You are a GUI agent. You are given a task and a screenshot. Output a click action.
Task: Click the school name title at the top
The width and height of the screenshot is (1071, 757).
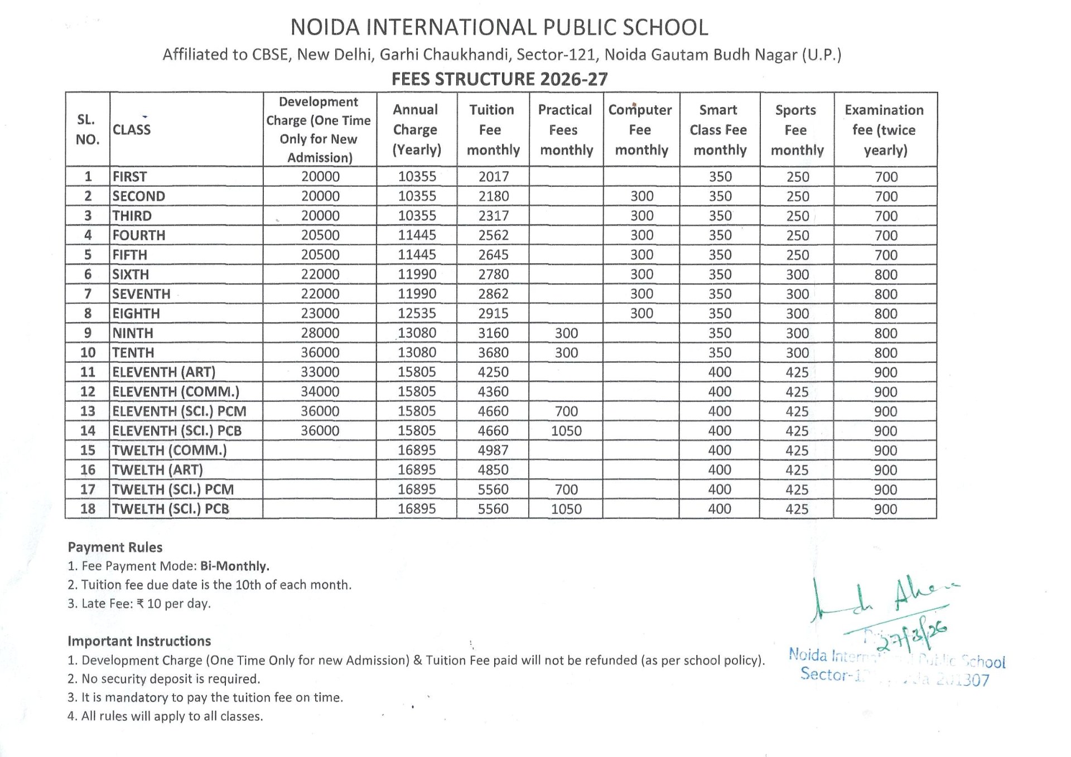[499, 27]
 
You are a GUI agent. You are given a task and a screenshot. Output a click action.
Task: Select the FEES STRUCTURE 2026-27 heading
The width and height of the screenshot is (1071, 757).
[499, 79]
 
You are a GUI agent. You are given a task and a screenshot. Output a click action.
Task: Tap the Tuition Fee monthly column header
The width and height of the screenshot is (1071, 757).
[493, 130]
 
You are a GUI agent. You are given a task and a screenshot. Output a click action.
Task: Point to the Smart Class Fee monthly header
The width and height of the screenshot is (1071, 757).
[719, 130]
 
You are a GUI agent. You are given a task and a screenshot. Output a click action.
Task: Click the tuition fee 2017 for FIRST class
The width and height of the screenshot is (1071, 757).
[494, 177]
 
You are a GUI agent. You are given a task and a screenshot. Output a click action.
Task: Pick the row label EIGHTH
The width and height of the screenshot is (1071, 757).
[136, 313]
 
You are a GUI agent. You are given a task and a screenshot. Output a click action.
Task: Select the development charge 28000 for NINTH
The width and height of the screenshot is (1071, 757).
[320, 333]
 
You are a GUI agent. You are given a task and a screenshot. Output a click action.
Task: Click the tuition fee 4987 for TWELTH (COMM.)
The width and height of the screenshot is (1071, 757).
[493, 450]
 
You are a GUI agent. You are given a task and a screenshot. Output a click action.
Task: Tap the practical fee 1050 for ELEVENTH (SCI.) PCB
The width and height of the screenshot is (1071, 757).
[566, 431]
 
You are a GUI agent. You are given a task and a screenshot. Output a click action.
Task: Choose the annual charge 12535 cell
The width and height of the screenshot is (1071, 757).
[417, 313]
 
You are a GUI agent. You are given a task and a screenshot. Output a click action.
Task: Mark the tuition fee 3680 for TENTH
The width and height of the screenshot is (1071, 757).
[493, 352]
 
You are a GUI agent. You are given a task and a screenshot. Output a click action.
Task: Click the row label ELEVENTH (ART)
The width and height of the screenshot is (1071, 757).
[163, 372]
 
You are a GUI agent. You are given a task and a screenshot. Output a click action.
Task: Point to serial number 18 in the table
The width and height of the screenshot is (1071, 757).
[88, 509]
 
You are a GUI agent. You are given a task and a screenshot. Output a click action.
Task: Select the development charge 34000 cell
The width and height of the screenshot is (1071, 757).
[320, 391]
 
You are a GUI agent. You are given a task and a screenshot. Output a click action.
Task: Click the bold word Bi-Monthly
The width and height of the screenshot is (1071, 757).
[235, 566]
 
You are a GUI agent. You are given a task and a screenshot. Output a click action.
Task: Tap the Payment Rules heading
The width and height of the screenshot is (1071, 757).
[115, 547]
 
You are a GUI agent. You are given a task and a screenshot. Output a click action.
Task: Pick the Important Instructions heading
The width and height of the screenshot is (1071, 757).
[139, 641]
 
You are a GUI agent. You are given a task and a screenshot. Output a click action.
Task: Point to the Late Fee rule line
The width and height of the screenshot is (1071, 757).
[139, 603]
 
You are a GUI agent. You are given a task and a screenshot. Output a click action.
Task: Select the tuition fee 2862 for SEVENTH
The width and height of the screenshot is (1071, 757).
[493, 294]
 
